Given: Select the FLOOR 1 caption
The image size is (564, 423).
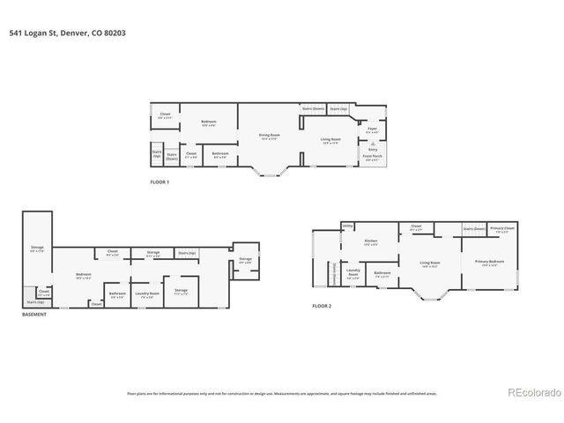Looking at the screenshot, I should click(160, 182).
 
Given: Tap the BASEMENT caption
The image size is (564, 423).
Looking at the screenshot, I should click(35, 315).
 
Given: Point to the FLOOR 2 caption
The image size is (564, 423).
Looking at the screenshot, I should click(323, 306).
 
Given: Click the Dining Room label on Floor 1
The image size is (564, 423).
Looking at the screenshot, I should click(269, 137).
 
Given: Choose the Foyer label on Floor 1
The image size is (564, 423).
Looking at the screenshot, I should click(372, 130).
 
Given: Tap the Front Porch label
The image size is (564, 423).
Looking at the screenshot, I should click(373, 158).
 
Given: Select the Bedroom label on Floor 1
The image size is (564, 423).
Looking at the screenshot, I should click(208, 122).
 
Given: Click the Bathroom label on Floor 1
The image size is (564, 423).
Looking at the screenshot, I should click(220, 155).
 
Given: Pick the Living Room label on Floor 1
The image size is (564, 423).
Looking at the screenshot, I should click(330, 140).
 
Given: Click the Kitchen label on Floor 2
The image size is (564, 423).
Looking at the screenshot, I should click(371, 242).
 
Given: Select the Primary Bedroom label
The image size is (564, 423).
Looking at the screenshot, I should click(489, 263).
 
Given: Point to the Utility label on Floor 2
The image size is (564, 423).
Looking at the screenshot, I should click(347, 226).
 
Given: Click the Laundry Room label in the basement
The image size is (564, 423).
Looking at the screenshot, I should click(146, 293).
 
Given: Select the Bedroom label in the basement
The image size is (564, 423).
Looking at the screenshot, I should click(83, 275).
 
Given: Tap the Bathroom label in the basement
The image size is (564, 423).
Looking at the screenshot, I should click(116, 293).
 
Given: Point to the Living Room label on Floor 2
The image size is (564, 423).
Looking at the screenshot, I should click(430, 263).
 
